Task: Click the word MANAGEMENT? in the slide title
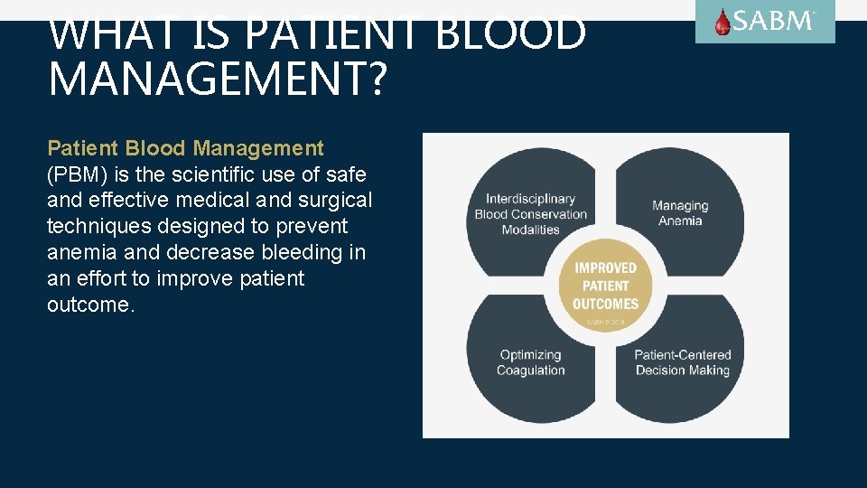tap(217, 78)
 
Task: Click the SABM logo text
tap(775, 21)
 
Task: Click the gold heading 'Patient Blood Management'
tap(185, 148)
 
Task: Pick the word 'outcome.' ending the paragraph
tap(90, 305)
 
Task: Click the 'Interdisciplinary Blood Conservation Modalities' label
tap(531, 214)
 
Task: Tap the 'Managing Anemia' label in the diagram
tap(680, 213)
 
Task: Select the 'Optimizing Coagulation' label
tap(530, 362)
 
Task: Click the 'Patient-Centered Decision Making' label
tap(682, 362)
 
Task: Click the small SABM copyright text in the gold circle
tap(605, 322)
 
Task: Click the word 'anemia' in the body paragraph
tap(79, 252)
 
